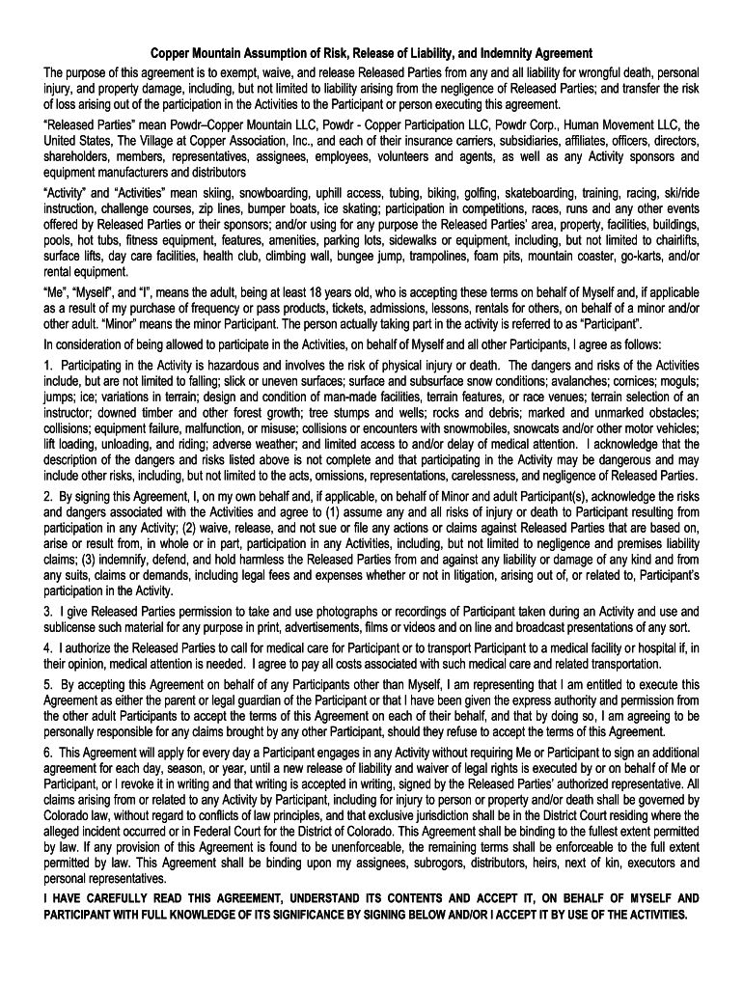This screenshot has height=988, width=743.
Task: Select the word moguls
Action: coord(680,382)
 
